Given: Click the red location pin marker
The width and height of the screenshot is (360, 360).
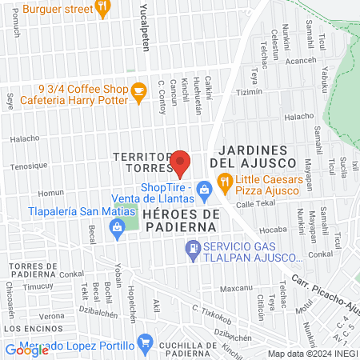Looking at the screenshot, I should (x=181, y=162).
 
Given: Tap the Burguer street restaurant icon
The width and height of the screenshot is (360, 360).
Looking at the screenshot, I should (x=102, y=8).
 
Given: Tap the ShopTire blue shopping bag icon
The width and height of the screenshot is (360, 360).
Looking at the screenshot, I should (x=204, y=190).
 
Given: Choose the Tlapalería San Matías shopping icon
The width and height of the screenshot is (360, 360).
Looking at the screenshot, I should (x=118, y=230).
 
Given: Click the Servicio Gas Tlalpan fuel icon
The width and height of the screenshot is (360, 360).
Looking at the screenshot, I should (x=192, y=252).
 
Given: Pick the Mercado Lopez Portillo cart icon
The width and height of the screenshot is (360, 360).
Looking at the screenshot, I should (x=145, y=344).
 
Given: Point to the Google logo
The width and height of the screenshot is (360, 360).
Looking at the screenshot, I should (x=26, y=350).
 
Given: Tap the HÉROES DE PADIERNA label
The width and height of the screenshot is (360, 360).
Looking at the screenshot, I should (x=181, y=221).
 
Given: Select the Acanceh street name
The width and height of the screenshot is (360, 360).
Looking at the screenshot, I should (x=301, y=60).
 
